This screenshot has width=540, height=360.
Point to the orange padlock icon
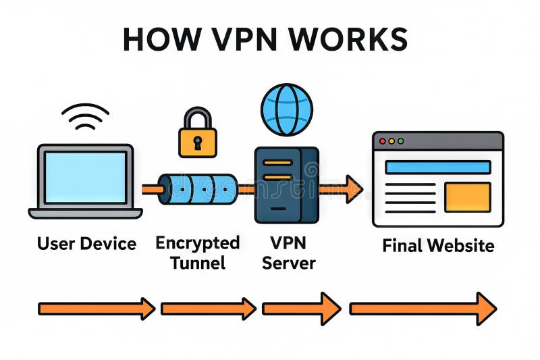tap(198, 135)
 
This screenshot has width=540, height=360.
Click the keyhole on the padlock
tap(198, 143)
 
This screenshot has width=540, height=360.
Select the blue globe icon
tap(287, 109)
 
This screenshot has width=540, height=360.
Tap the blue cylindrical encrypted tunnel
tap(198, 189)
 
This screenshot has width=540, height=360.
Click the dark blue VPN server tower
tap(286, 184)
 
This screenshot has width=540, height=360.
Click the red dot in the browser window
tap(382, 141)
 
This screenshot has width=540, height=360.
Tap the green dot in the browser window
tap(400, 141)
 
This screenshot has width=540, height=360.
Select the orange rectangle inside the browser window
tap(468, 197)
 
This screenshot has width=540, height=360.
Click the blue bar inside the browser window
tap(437, 167)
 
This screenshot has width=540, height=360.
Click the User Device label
tap(86, 243)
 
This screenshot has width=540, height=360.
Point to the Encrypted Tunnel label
tap(198, 252)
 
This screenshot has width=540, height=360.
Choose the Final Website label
tap(438, 245)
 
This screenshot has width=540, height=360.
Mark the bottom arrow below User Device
tap(97, 309)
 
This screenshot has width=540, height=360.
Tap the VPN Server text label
tap(288, 252)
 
